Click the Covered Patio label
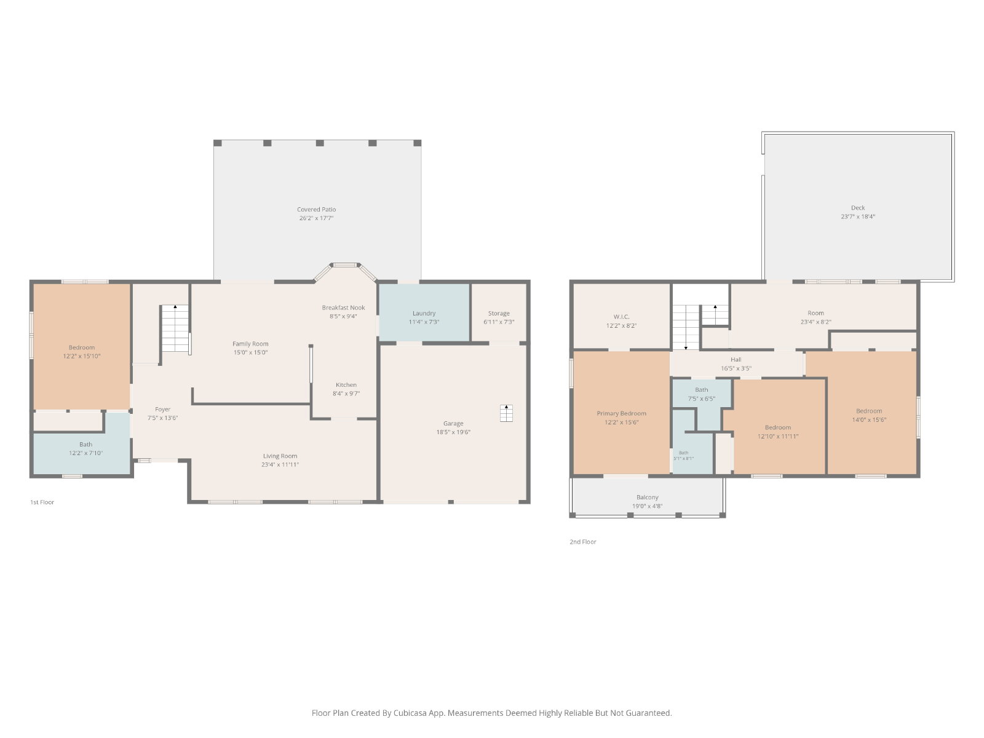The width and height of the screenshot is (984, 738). [x=316, y=209]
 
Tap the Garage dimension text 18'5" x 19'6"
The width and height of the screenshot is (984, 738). [x=453, y=432]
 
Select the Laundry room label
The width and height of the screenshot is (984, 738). [x=424, y=313]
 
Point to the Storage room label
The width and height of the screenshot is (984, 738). [x=499, y=313]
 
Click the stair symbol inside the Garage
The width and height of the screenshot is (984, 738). [x=506, y=413]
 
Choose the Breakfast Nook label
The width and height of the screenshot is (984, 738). [x=343, y=307]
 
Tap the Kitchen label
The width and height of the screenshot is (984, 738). [x=346, y=385]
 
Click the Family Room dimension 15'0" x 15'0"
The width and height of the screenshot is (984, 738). [x=250, y=352]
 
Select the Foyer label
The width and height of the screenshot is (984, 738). [x=163, y=409]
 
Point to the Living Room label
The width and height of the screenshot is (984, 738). [x=280, y=456]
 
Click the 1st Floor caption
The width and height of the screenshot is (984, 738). [x=42, y=502]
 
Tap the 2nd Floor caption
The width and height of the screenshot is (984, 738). [x=583, y=542]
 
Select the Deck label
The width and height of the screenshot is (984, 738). [x=858, y=207]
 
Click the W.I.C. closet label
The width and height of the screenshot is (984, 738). [x=621, y=317]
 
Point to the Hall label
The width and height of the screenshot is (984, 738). [x=736, y=359]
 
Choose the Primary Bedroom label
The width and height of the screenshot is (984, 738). [x=621, y=413]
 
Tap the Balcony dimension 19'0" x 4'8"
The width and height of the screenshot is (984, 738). [x=648, y=506]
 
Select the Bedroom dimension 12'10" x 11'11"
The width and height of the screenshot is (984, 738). [x=778, y=436]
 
